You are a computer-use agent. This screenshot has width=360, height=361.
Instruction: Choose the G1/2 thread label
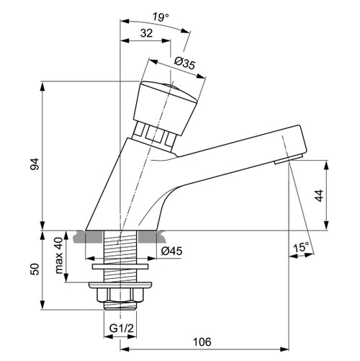[120, 329]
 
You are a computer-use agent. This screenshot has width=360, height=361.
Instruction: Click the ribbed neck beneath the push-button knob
[157, 135]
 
